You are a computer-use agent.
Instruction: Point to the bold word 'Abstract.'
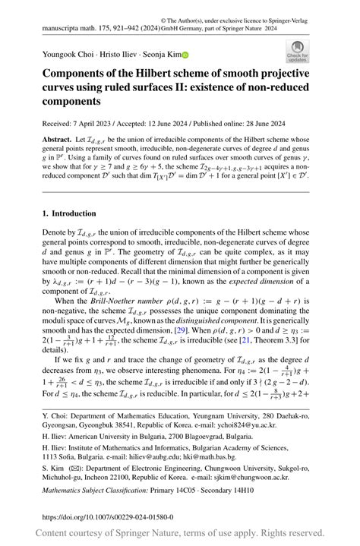[x=58, y=140]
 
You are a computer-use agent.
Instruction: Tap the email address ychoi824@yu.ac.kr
[x=267, y=427]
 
